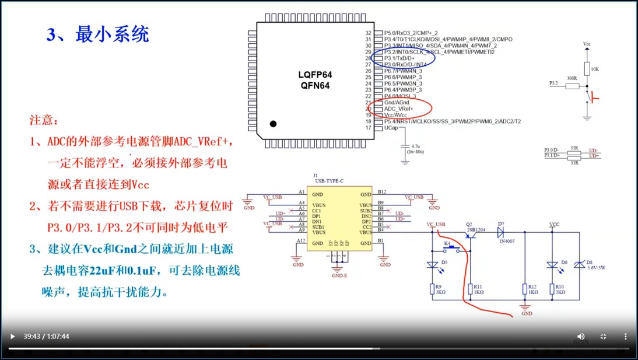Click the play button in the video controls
tap(12, 336)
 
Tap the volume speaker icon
tap(581, 336)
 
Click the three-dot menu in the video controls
tap(625, 336)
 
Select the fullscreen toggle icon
tap(603, 336)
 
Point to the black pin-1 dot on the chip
tap(273, 124)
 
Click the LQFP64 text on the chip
tap(315, 75)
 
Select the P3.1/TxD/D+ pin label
tap(399, 58)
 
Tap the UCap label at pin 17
tap(391, 128)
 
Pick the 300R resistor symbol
tap(572, 86)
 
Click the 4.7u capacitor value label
tap(415, 146)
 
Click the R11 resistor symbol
tap(470, 289)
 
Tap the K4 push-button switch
tap(451, 249)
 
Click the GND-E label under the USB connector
tap(339, 275)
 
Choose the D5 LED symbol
tap(432, 265)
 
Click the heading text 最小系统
tap(111, 34)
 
